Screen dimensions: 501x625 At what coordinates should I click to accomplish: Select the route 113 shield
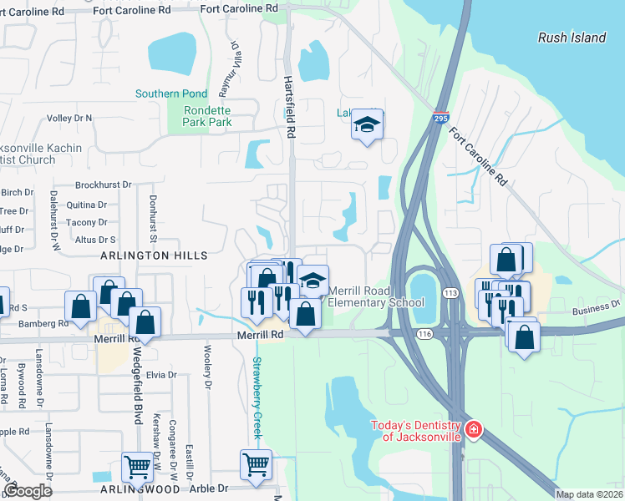pyautogui.click(x=451, y=293)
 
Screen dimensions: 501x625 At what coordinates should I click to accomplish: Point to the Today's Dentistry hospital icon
pyautogui.click(x=474, y=429)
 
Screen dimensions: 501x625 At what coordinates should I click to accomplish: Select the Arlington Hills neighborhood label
pyautogui.click(x=154, y=256)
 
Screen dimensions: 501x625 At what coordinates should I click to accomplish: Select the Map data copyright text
pyautogui.click(x=588, y=494)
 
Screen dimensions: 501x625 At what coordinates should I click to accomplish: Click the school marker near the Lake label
pyautogui.click(x=366, y=124)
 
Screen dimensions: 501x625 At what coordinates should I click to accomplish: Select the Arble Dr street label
pyautogui.click(x=211, y=488)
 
